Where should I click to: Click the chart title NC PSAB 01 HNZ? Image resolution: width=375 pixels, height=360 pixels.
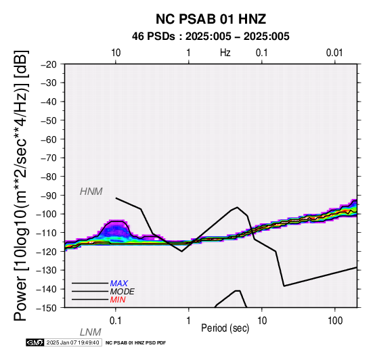tap(211, 19)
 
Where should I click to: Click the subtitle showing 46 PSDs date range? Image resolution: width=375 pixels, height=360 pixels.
tap(211, 37)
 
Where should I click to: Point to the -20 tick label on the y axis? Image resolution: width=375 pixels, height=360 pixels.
tap(49, 64)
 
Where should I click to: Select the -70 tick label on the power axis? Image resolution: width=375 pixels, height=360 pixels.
tap(49, 158)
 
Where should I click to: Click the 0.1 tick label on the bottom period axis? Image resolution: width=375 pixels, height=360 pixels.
tap(116, 321)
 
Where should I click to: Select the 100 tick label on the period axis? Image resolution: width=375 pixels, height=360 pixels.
tap(335, 321)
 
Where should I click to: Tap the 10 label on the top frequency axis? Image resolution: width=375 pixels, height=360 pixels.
tap(116, 53)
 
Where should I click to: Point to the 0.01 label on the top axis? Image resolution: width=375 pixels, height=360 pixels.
tap(334, 53)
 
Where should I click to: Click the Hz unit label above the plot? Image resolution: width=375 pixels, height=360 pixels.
tap(225, 53)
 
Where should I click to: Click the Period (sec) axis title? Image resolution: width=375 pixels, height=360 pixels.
tap(225, 328)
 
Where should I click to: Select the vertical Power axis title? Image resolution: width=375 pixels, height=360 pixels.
tap(22, 185)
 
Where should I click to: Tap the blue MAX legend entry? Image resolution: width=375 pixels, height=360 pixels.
tap(119, 284)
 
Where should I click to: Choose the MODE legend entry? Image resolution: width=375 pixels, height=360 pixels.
tap(123, 292)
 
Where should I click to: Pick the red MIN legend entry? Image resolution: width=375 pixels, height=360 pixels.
tap(118, 300)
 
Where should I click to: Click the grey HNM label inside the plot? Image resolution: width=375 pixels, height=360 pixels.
tap(91, 192)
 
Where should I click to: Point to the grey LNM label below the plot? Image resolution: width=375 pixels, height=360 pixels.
tap(91, 332)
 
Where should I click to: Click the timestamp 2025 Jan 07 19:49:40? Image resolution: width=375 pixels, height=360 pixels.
tap(72, 342)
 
